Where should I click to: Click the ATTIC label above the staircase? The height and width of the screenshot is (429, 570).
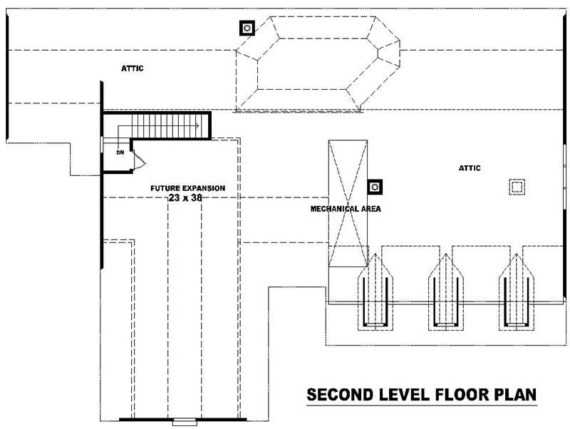133,68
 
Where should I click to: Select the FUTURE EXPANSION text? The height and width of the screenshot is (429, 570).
187,188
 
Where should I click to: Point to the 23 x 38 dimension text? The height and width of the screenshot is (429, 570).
185,198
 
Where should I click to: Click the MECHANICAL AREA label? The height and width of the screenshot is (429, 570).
346,210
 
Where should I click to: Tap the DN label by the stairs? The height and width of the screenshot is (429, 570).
120,152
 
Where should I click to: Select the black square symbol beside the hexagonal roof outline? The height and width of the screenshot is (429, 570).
247,28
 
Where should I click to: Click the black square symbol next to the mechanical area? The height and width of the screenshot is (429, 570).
375,187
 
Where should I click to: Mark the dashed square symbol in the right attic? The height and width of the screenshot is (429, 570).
517,187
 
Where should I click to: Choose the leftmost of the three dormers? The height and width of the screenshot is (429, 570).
375,292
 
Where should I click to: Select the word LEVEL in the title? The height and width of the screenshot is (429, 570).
403,394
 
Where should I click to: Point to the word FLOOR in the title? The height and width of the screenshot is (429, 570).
460,394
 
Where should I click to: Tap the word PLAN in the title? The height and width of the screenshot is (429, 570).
514,394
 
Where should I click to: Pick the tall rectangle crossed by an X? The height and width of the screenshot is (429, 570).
348,203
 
